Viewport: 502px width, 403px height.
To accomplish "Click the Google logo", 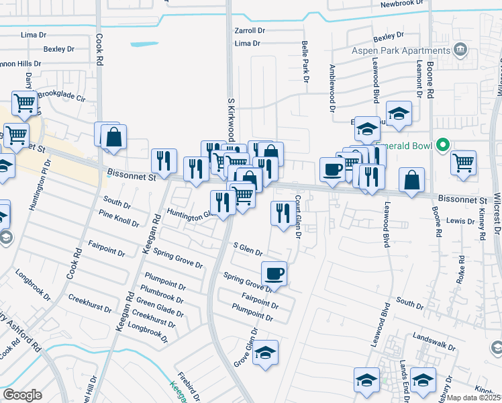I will click(x=22, y=396).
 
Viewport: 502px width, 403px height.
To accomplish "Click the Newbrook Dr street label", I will click(x=403, y=3).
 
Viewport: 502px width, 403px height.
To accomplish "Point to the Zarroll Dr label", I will click(x=250, y=31).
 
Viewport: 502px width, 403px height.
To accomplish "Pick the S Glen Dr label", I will click(x=246, y=251).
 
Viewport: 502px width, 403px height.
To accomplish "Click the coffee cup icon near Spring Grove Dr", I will click(x=274, y=274).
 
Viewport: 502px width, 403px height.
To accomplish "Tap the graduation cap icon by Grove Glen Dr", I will click(x=265, y=353).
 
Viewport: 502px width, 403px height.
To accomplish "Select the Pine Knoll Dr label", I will click(x=118, y=218).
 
